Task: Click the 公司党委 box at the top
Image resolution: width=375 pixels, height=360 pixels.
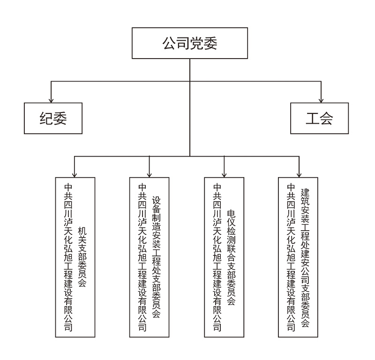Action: tap(189, 44)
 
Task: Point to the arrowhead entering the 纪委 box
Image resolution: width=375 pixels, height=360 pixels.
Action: tap(51, 100)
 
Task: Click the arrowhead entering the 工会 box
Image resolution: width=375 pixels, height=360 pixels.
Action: tap(321, 100)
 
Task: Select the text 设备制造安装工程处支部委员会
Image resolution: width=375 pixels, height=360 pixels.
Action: tap(157, 256)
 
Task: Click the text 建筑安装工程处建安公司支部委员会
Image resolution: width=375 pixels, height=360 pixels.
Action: tap(305, 256)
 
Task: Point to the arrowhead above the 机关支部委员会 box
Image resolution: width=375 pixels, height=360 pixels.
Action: tap(75, 174)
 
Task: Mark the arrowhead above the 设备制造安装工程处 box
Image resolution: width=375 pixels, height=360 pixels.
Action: tap(149, 174)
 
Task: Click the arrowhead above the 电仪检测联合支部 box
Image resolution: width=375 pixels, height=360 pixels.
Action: tap(224, 174)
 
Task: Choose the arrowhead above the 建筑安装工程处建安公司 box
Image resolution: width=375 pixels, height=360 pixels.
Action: tap(299, 174)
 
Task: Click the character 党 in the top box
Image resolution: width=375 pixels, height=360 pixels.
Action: tap(196, 44)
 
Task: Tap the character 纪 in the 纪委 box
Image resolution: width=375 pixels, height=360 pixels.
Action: tap(46, 118)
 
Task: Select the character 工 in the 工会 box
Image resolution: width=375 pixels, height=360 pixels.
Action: tap(313, 118)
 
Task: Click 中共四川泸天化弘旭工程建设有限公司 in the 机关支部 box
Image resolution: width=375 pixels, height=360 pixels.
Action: tap(68, 256)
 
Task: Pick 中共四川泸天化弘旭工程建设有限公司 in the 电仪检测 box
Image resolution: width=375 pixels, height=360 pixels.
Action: tap(217, 256)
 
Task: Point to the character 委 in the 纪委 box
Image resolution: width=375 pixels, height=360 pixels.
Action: tap(60, 118)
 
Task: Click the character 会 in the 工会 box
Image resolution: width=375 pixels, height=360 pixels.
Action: tap(327, 118)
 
